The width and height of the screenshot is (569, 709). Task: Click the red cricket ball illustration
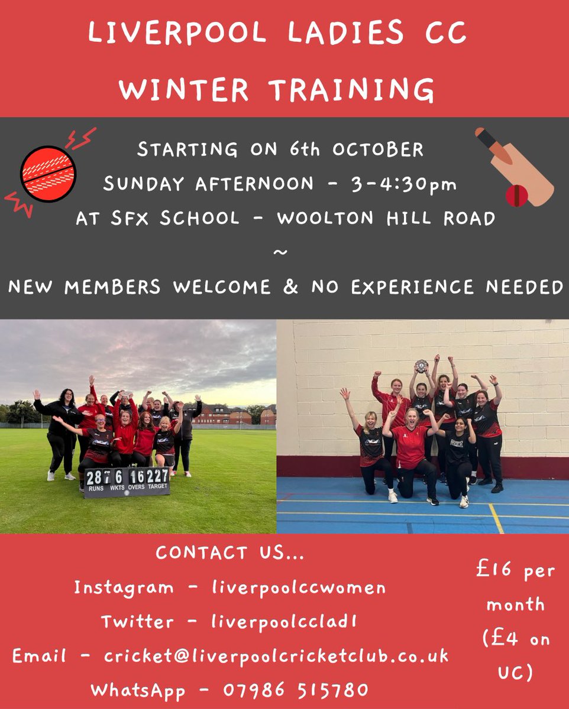tap(48, 174)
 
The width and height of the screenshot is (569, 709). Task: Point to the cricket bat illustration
tap(513, 166)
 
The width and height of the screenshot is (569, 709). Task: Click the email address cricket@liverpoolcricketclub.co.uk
tap(276, 656)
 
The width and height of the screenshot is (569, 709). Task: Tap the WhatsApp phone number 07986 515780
tap(296, 690)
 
